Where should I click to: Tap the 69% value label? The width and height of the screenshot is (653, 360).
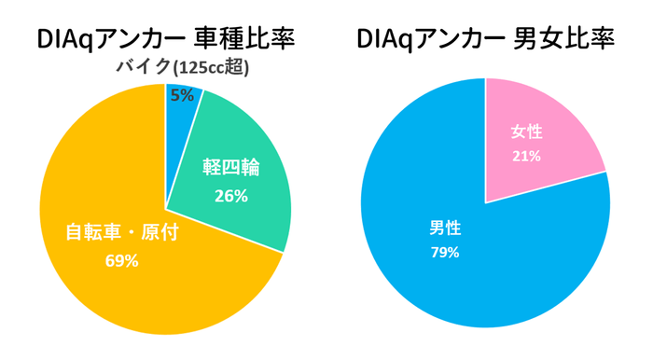122,261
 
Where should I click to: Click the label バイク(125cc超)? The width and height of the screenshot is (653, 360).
181,68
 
